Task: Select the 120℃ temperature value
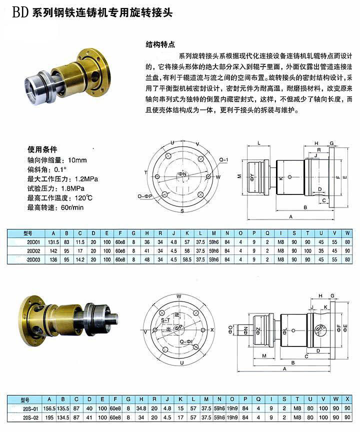83,197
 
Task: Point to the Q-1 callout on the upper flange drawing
223,159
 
